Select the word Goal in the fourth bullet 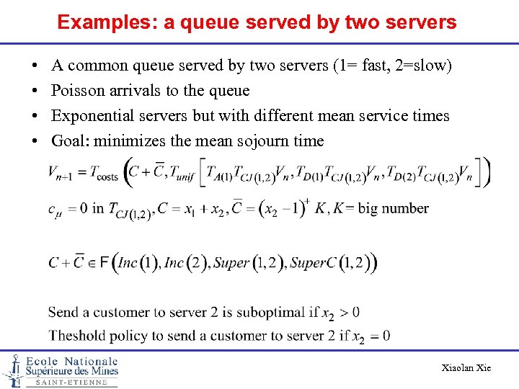point(68,141)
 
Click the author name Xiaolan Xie point(466,368)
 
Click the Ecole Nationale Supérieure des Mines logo point(61,369)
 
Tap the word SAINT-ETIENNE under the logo point(72,383)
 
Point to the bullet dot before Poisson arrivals point(35,91)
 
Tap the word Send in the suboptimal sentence point(63,313)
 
